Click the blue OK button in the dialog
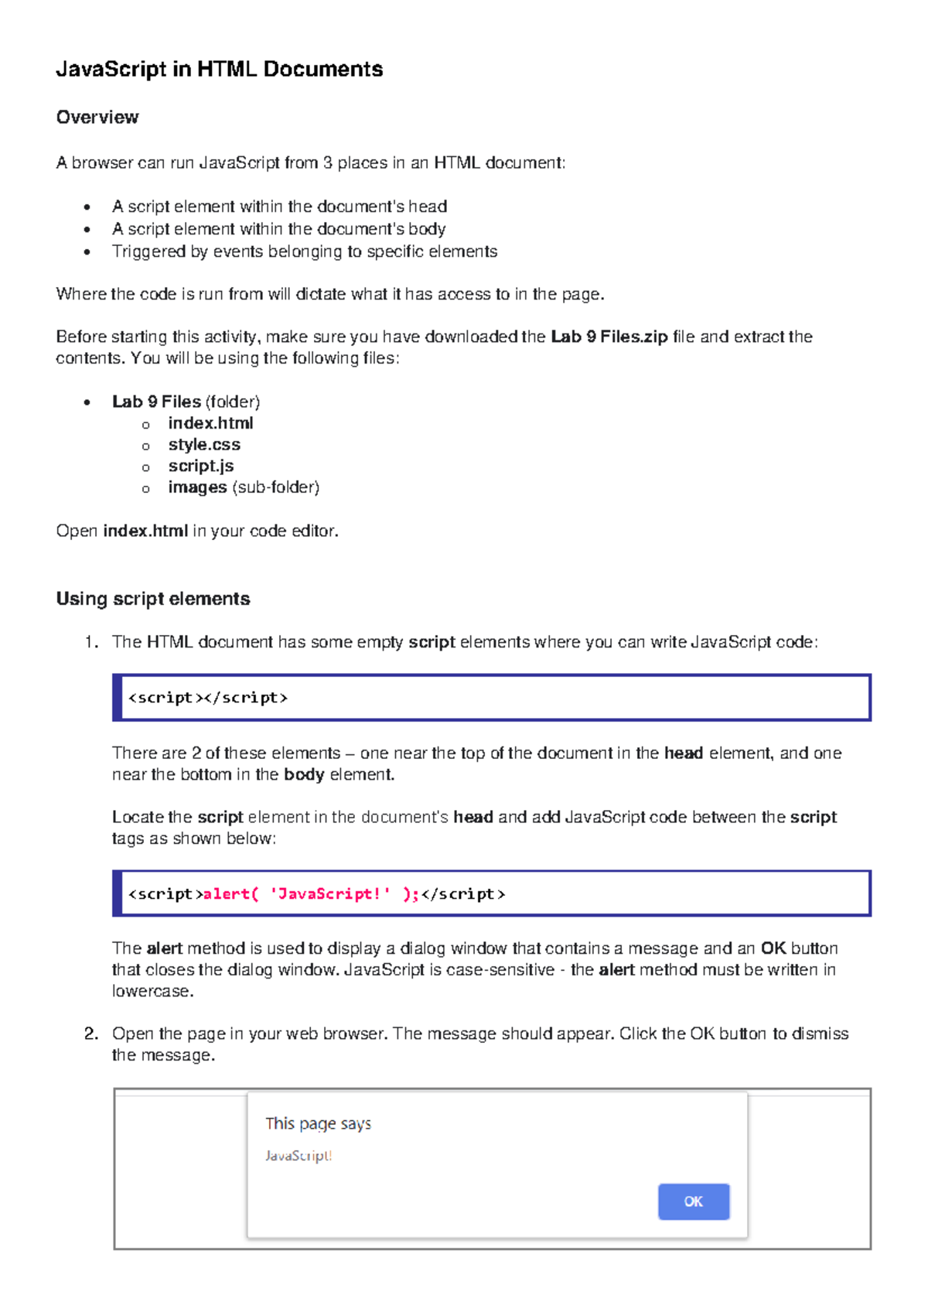(x=693, y=1201)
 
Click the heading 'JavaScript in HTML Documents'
(x=219, y=70)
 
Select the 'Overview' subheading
(x=97, y=118)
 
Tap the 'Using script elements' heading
(x=153, y=599)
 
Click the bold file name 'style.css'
(x=204, y=445)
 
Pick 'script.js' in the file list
(x=201, y=466)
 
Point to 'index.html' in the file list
(x=210, y=423)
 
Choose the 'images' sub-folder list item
(x=198, y=487)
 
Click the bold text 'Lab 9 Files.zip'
(x=609, y=337)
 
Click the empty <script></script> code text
(x=207, y=698)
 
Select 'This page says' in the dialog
(x=318, y=1123)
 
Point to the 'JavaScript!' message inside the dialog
(x=299, y=1156)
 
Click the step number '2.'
(x=91, y=1034)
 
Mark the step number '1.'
(x=91, y=642)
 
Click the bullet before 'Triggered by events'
(x=87, y=252)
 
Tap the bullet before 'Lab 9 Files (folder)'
(x=87, y=402)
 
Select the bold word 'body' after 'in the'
(x=303, y=774)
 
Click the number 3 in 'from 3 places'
(x=328, y=163)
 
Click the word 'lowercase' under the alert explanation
(x=151, y=992)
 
